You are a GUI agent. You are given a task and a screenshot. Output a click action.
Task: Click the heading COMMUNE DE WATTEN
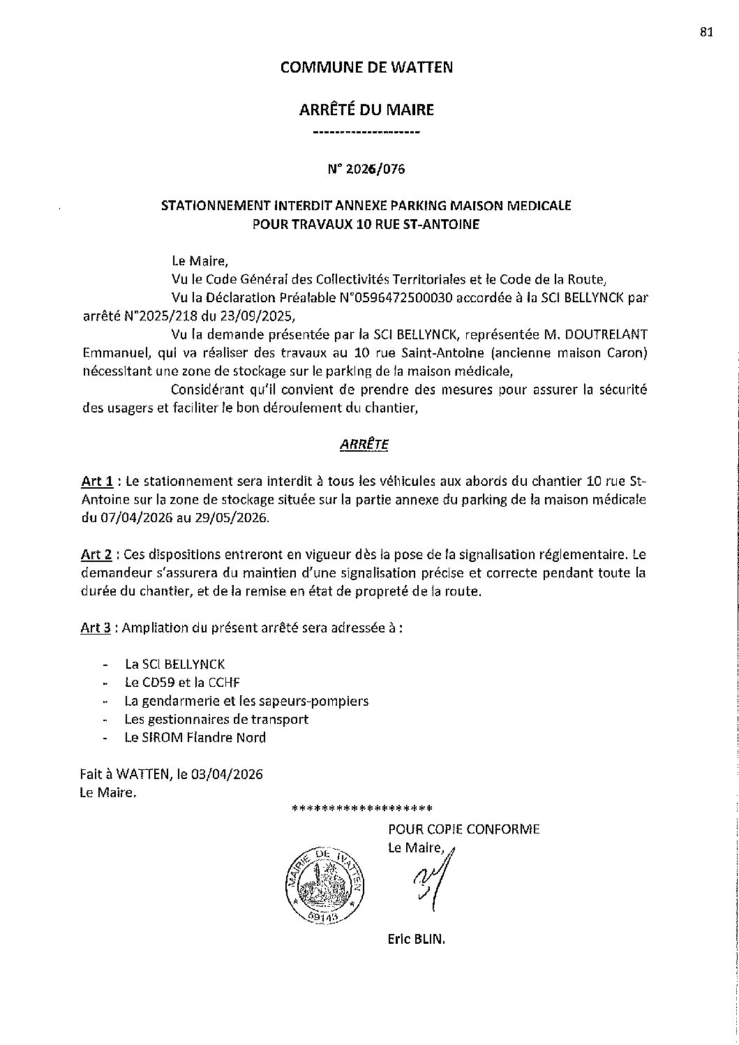[366, 67]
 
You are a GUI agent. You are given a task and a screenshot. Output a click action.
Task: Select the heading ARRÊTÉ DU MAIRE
[366, 110]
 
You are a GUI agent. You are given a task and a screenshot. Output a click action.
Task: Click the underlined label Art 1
[97, 481]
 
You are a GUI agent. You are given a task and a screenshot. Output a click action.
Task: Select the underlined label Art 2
[97, 555]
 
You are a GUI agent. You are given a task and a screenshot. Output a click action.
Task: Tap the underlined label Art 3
[97, 628]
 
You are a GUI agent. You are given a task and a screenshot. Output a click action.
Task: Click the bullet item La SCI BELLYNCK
[174, 665]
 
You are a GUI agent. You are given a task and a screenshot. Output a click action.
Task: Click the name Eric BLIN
[416, 939]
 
